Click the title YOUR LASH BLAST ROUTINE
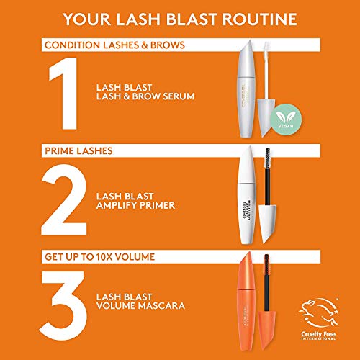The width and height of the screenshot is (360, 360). [180, 18]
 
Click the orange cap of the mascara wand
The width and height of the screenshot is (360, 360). [278, 323]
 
